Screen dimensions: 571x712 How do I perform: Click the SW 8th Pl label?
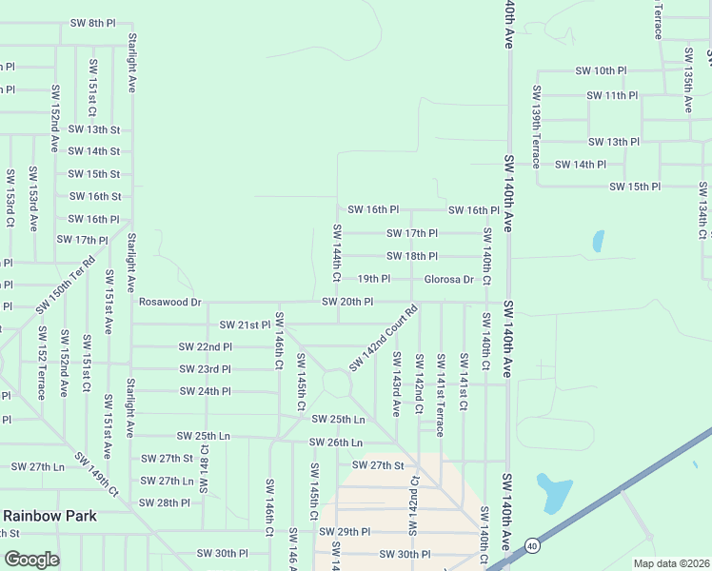coord(94,22)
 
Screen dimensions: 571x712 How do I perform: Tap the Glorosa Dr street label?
coord(448,279)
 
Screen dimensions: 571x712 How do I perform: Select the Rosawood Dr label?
coord(169,302)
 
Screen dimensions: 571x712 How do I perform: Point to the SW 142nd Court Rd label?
coord(384,338)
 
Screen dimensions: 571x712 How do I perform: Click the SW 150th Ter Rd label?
coord(67,285)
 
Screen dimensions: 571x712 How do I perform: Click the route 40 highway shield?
coord(531,545)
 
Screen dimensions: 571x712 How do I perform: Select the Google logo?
coord(31,559)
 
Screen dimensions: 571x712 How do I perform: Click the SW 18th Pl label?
coord(411,256)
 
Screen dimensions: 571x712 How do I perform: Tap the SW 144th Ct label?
coord(337,253)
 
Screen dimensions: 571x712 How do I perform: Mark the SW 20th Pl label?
coord(346,302)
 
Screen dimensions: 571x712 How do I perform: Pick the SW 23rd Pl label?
coord(205,368)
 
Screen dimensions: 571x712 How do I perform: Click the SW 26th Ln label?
coord(335,443)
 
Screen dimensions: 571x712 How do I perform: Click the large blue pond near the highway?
coord(553,492)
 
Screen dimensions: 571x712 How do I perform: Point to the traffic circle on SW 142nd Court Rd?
coord(337,384)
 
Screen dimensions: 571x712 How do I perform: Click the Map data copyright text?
coord(671,563)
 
